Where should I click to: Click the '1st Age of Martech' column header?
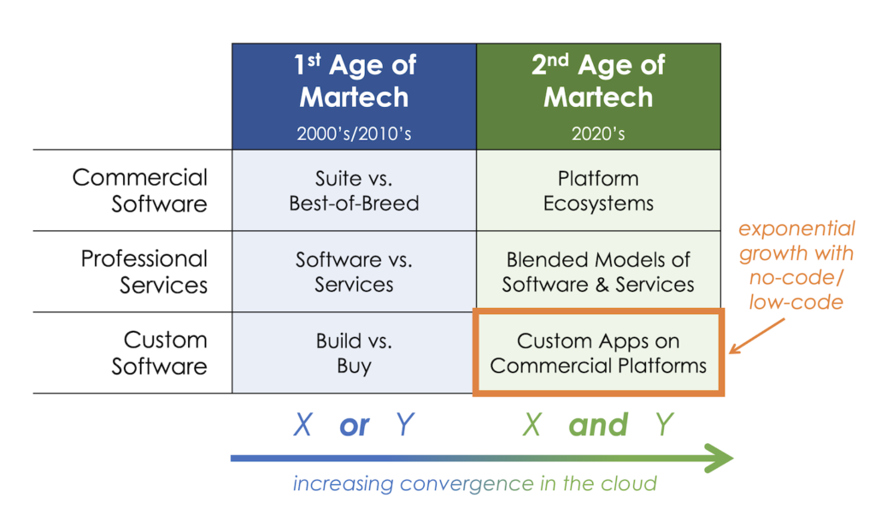coord(354,81)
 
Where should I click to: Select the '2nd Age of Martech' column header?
coord(598,81)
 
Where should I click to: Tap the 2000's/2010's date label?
coord(354,133)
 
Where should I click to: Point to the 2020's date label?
coord(598,133)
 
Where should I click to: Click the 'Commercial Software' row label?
coord(140,191)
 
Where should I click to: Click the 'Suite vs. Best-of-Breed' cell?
coord(354,191)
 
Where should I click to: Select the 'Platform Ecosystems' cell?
coord(598,191)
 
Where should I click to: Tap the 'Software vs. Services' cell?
coord(354,271)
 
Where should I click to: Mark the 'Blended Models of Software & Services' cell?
coord(598,271)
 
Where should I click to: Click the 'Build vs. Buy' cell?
coord(354,352)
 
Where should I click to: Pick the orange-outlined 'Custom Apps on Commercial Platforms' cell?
coord(598,352)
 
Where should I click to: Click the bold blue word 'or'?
coord(354,425)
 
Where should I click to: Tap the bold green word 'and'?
coord(598,425)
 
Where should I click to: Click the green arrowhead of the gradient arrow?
coord(719,459)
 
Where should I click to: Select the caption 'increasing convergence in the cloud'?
coord(475,484)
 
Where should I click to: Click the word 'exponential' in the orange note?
coord(797,229)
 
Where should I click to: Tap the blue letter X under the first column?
coord(302,425)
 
